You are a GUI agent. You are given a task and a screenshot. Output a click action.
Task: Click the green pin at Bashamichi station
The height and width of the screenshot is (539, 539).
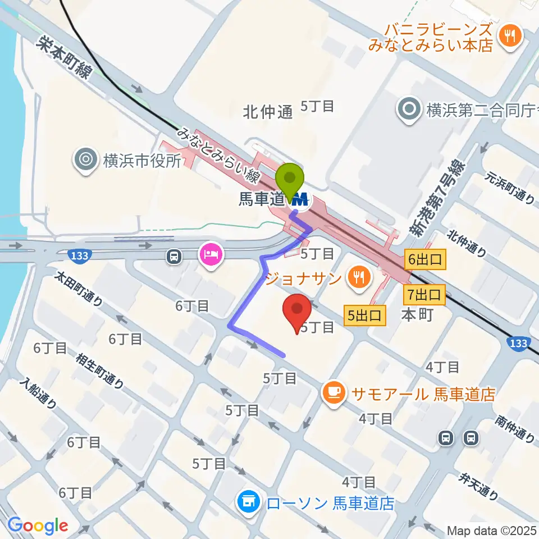point(290,181)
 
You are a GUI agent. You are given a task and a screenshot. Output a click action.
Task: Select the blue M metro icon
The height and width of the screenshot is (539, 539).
point(302,199)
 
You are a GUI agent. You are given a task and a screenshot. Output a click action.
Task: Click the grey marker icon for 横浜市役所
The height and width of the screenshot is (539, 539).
point(85,160)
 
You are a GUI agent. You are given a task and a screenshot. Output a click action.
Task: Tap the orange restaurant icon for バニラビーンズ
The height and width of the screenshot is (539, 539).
point(511,36)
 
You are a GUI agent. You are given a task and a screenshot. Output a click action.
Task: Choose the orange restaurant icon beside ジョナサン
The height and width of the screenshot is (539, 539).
point(357,276)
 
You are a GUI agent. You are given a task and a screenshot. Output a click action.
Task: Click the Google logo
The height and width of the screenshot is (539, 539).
point(38,525)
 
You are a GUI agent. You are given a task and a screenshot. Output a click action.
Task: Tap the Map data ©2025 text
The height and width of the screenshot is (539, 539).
point(492,530)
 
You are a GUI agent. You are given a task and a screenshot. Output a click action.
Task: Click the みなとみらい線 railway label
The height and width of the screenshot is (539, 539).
point(218,156)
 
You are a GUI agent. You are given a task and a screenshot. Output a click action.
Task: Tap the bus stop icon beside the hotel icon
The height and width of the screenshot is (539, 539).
point(174,257)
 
